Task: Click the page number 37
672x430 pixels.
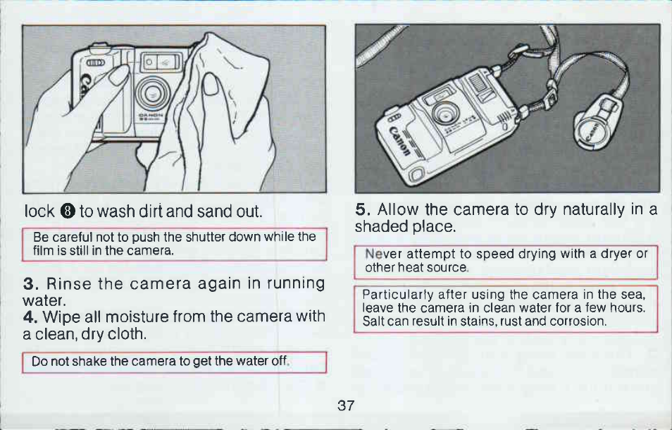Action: (x=346, y=405)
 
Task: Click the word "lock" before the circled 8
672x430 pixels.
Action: (x=39, y=211)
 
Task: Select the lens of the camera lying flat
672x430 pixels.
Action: (x=446, y=114)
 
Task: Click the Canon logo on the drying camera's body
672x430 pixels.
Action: (x=399, y=142)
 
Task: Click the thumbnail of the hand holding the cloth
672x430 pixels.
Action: (x=211, y=84)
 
